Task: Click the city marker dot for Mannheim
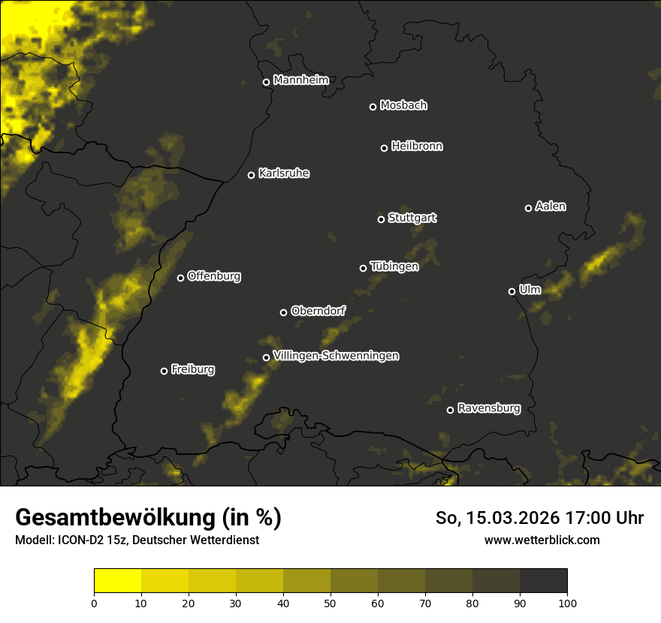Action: click(266, 83)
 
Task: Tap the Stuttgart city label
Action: click(412, 218)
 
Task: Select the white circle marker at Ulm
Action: click(512, 291)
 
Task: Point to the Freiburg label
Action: click(192, 369)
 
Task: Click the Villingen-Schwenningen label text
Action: click(336, 356)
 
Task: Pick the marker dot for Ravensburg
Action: click(451, 410)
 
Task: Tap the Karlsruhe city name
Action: click(283, 173)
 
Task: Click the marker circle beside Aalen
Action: click(528, 208)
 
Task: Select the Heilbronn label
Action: click(417, 146)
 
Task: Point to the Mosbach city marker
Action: click(373, 107)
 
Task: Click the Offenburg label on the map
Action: click(213, 276)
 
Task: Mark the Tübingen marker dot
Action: click(364, 268)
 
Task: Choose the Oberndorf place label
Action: click(318, 311)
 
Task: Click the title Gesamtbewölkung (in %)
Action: click(148, 517)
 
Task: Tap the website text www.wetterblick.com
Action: click(542, 540)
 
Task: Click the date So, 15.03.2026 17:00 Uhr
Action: click(539, 518)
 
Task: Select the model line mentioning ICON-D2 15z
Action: click(137, 540)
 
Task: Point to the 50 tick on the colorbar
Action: click(330, 602)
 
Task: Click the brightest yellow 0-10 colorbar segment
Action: click(117, 581)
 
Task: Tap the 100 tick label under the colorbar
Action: click(567, 602)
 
